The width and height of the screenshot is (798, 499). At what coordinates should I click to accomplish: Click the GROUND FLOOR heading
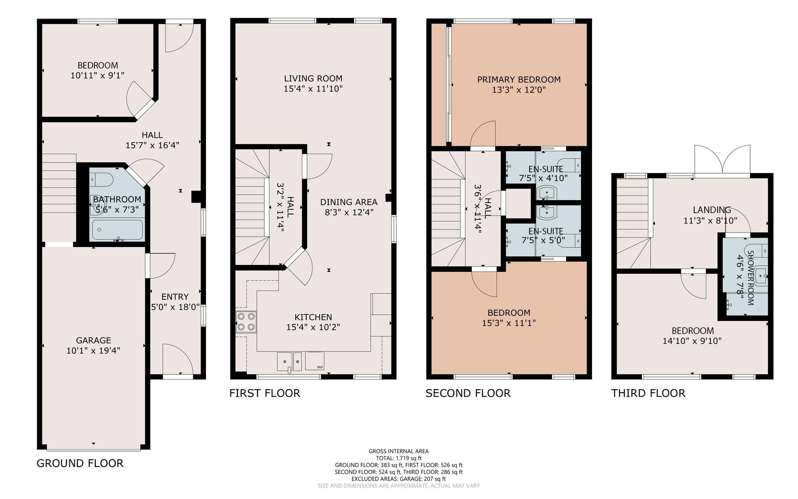(80, 464)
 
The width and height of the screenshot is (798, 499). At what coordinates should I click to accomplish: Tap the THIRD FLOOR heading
(648, 393)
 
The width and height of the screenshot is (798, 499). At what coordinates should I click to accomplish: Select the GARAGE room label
(93, 340)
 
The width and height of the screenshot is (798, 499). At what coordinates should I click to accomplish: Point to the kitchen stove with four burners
(246, 322)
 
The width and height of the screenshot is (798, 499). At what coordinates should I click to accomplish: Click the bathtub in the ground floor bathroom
(118, 230)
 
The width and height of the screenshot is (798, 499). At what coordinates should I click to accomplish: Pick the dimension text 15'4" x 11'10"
(313, 88)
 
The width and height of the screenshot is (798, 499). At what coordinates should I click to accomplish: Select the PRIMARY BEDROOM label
(519, 79)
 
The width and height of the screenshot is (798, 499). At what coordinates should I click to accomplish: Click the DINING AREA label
(349, 202)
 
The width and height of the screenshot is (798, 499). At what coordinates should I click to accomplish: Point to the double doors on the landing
(722, 160)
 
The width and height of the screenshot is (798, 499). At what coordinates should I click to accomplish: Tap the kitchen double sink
(290, 361)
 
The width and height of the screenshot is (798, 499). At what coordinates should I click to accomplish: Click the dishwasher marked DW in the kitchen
(315, 361)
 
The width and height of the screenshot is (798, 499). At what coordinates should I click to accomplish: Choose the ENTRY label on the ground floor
(175, 297)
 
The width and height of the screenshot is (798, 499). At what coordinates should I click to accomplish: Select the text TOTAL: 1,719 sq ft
(399, 459)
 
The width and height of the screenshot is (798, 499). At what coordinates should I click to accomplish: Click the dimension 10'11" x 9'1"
(97, 75)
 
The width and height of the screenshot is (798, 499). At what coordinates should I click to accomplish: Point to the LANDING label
(712, 210)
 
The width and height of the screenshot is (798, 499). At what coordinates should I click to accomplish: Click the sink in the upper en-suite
(547, 193)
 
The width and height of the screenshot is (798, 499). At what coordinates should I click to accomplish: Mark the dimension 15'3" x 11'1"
(509, 323)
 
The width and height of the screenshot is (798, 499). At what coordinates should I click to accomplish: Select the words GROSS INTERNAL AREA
(399, 451)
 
